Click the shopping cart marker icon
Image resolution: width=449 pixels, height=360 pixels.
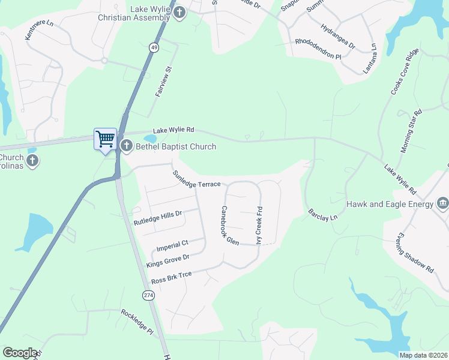(104, 139)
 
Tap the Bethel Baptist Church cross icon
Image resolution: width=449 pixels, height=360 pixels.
(126, 146)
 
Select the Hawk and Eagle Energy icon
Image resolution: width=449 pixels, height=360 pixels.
(443, 203)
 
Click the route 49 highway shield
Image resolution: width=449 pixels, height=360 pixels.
(154, 47)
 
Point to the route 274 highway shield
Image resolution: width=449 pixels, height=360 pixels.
(148, 295)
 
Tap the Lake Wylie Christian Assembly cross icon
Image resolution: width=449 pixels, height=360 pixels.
(179, 12)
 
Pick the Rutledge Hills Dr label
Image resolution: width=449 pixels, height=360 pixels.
(157, 217)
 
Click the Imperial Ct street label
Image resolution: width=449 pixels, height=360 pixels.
(172, 245)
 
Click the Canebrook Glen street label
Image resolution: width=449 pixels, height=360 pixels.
(230, 225)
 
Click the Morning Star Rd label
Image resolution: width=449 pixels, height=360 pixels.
(411, 131)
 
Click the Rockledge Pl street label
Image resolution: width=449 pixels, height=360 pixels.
(137, 322)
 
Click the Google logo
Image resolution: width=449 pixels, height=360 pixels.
(20, 353)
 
